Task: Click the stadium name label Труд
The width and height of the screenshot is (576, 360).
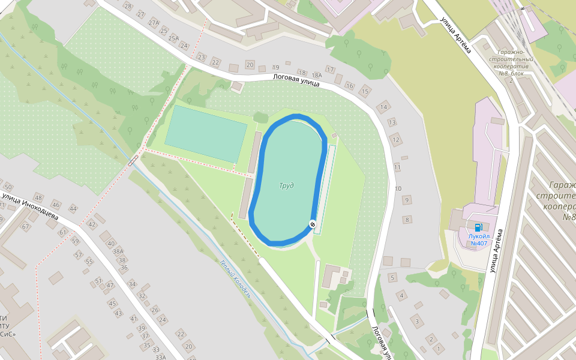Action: pyautogui.click(x=286, y=185)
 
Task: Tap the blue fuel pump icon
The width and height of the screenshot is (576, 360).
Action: pyautogui.click(x=478, y=227)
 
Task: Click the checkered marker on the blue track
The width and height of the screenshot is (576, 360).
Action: pyautogui.click(x=313, y=224)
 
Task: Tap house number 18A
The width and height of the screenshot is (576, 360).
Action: pyautogui.click(x=317, y=76)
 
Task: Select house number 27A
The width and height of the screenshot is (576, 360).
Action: pyautogui.click(x=154, y=23)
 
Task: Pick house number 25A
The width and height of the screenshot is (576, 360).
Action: pyautogui.click(x=173, y=38)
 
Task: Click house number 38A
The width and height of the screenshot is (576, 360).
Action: pyautogui.click(x=118, y=252)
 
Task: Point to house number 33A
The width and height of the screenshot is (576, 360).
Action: pyautogui.click(x=160, y=357)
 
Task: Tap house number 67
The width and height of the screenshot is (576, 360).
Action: pyautogui.click(x=25, y=227)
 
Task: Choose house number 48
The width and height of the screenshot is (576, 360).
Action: pyautogui.click(x=39, y=197)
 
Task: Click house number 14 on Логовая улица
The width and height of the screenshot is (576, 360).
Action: pyautogui.click(x=383, y=107)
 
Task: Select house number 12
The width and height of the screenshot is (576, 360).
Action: pyautogui.click(x=395, y=140)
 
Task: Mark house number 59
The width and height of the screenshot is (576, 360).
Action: pyautogui.click(x=75, y=241)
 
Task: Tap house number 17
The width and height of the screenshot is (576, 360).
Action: pyautogui.click(x=330, y=70)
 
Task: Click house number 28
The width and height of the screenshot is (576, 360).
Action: pyautogui.click(x=127, y=6)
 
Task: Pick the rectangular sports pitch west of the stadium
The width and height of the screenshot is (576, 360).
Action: pyautogui.click(x=206, y=134)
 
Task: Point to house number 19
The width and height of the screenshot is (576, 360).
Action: pyautogui.click(x=276, y=67)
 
